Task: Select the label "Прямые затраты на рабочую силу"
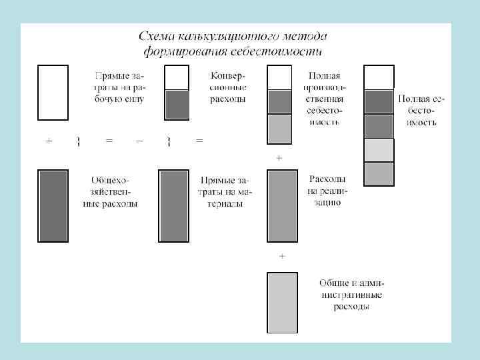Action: [x=118, y=87]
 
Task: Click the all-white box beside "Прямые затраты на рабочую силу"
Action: [x=53, y=91]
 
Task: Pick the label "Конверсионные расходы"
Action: [x=228, y=87]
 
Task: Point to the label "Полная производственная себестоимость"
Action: [x=325, y=99]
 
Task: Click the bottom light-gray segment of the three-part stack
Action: [x=279, y=129]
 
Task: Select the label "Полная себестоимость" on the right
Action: [x=422, y=111]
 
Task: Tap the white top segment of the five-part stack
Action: [x=379, y=77]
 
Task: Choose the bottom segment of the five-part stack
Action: [x=379, y=174]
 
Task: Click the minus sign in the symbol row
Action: [x=139, y=141]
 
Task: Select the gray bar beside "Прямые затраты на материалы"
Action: [x=173, y=205]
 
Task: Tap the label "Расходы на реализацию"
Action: [x=327, y=191]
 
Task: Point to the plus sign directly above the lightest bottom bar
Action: [x=282, y=256]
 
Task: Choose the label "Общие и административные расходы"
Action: [x=351, y=295]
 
